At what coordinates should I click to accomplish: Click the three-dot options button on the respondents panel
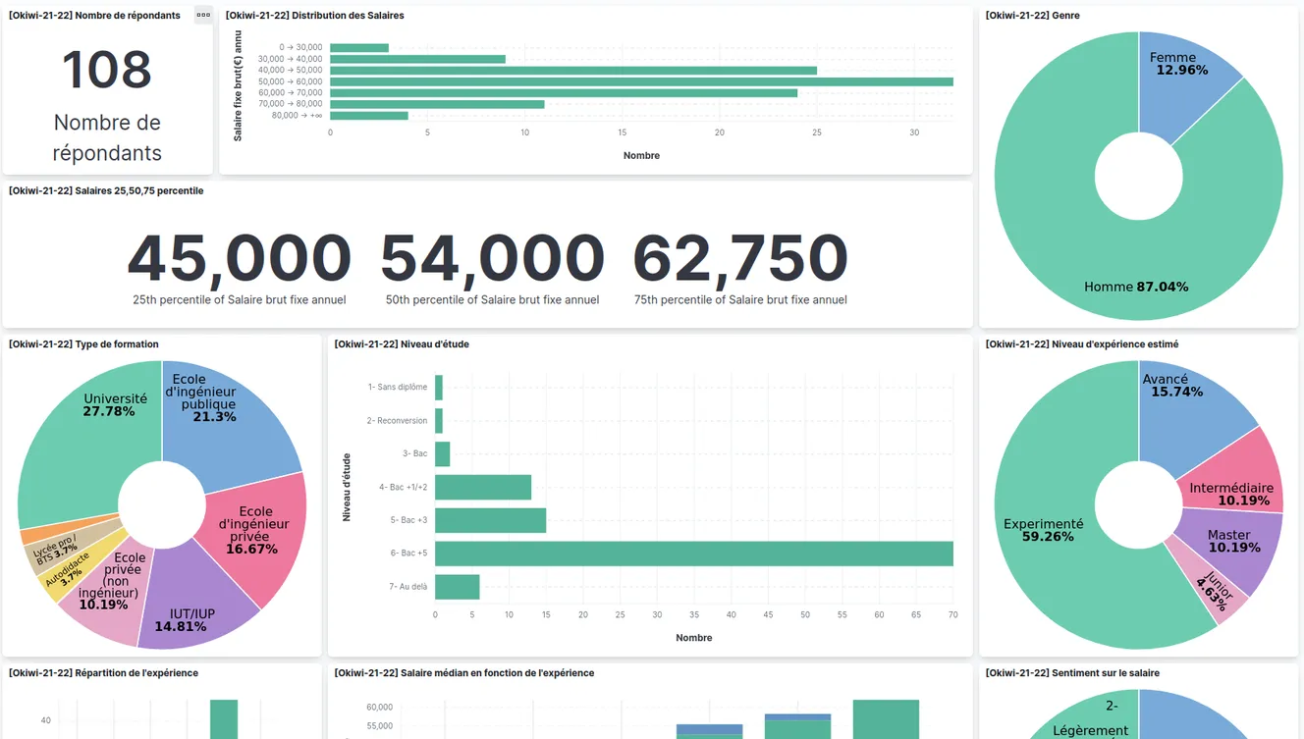point(203,15)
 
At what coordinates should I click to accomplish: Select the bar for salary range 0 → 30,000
point(359,47)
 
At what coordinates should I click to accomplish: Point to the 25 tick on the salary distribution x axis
point(817,132)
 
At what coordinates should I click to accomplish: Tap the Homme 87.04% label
point(1136,287)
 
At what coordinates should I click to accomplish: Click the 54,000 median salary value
point(492,258)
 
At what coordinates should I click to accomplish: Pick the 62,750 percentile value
point(740,258)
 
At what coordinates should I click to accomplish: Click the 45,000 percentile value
point(239,258)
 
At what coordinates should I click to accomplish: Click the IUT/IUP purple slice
point(192,613)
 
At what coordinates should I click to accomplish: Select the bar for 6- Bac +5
point(693,554)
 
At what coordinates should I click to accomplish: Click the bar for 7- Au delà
point(457,587)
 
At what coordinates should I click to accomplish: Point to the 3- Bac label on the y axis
point(414,453)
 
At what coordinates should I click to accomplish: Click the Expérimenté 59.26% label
point(1043,530)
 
